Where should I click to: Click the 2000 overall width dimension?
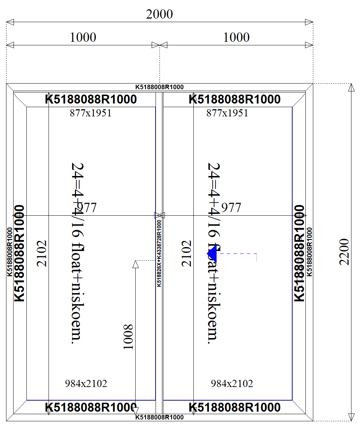[x=159, y=14]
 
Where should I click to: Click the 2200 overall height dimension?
[x=344, y=252]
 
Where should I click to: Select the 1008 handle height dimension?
[x=128, y=337]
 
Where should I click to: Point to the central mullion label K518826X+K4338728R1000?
[x=159, y=253]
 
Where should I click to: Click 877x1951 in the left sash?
[x=91, y=113]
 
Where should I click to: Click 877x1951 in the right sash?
[x=227, y=113]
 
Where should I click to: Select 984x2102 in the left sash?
[x=86, y=384]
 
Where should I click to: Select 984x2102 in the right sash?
[x=232, y=384]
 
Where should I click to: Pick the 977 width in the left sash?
[x=87, y=207]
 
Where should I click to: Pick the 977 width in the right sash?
[x=231, y=207]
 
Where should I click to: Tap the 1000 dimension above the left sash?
[x=83, y=37]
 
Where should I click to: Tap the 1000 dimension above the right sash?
[x=236, y=37]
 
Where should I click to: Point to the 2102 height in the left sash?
[x=42, y=253]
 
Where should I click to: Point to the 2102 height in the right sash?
[x=187, y=253]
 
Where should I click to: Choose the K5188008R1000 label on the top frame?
[x=159, y=87]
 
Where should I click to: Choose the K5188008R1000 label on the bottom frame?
[x=159, y=417]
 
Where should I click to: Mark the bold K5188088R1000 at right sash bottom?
[x=234, y=407]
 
